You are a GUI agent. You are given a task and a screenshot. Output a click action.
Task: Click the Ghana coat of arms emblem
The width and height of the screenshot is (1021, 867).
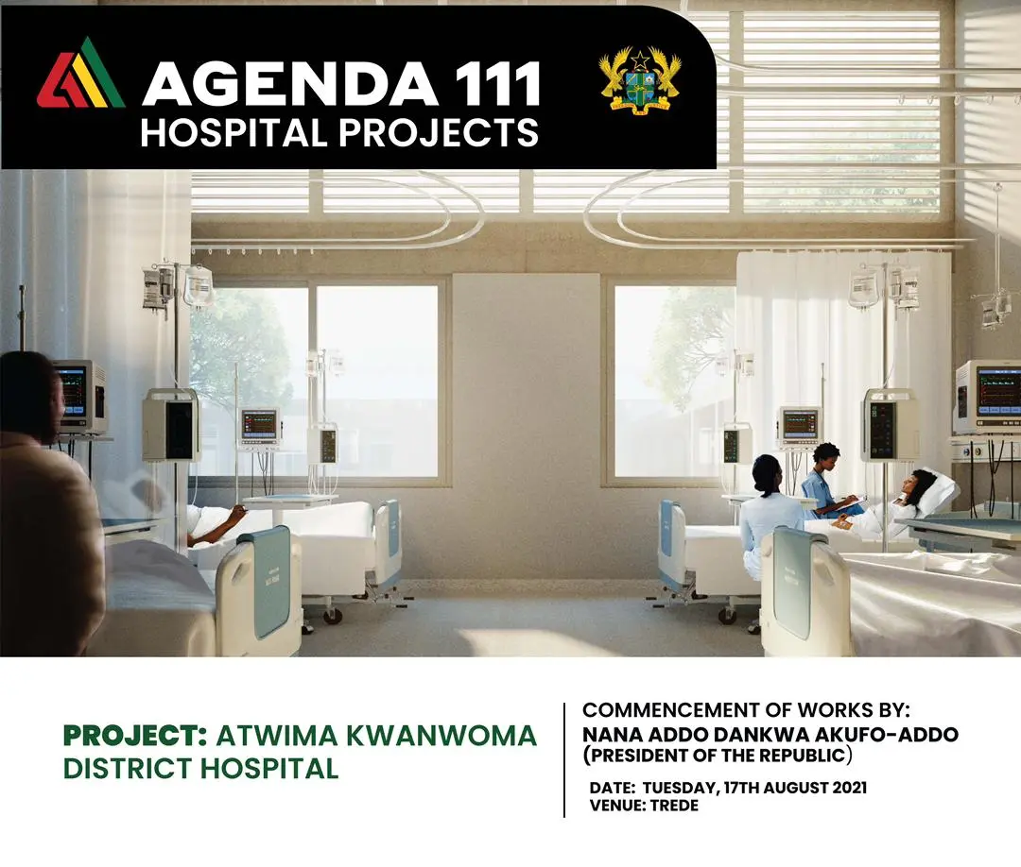pyautogui.click(x=640, y=81)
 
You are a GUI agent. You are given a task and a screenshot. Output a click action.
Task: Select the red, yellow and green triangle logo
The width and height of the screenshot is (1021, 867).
pyautogui.click(x=81, y=73)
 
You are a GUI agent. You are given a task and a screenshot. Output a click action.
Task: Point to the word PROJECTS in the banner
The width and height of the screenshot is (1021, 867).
pyautogui.click(x=439, y=132)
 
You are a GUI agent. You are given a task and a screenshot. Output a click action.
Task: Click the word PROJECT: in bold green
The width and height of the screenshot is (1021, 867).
pyautogui.click(x=135, y=736)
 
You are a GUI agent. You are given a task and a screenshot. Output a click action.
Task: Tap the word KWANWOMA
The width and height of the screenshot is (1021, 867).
pyautogui.click(x=441, y=736)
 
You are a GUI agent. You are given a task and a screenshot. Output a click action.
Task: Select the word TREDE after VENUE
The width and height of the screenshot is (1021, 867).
pyautogui.click(x=674, y=806)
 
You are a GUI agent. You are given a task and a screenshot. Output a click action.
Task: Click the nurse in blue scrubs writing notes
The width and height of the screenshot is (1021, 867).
pyautogui.click(x=824, y=482)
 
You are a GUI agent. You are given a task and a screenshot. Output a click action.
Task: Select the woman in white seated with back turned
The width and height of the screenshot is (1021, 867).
pyautogui.click(x=772, y=514)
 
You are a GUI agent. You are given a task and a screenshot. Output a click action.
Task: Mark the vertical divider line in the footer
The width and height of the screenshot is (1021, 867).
pyautogui.click(x=563, y=759)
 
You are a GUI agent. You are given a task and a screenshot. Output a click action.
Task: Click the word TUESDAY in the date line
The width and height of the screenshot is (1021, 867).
pyautogui.click(x=679, y=788)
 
